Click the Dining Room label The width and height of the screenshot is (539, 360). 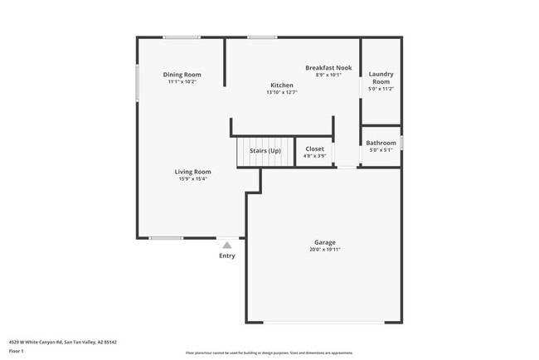click(182, 75)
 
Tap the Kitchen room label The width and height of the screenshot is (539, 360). click(281, 85)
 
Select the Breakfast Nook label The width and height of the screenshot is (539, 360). click(328, 68)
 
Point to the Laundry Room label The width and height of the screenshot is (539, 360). click(381, 78)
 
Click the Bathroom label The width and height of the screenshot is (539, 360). click(381, 143)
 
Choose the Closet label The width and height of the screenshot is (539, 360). click(315, 149)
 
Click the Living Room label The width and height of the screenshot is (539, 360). click(192, 172)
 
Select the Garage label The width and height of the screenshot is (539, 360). click(324, 242)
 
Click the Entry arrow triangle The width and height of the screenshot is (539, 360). click(226, 246)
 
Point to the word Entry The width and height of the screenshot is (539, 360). click(226, 255)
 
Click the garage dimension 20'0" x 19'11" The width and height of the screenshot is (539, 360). click(324, 249)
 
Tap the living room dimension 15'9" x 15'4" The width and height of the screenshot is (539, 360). click(192, 178)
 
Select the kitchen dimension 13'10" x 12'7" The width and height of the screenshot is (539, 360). click(281, 92)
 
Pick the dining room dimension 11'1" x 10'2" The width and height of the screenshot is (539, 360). click(182, 82)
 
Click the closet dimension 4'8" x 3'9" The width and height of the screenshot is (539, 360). click(315, 156)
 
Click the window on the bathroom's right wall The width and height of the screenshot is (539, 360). click(401, 143)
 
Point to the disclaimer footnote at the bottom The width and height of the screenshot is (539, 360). click(269, 352)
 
